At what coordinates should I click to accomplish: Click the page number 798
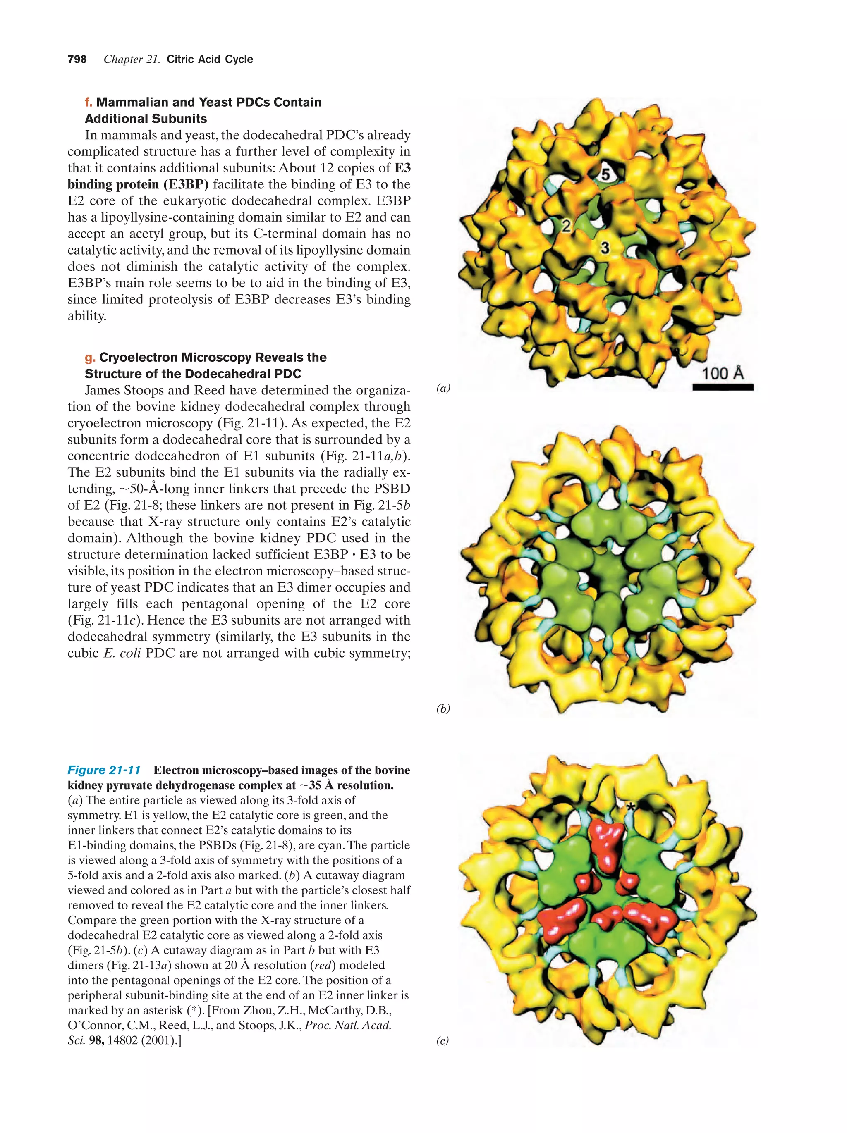pos(77,60)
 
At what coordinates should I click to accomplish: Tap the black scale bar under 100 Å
pos(723,388)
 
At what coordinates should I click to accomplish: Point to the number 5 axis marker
pos(605,175)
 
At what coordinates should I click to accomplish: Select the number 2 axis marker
pos(566,225)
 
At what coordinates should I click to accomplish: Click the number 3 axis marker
pos(605,248)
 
